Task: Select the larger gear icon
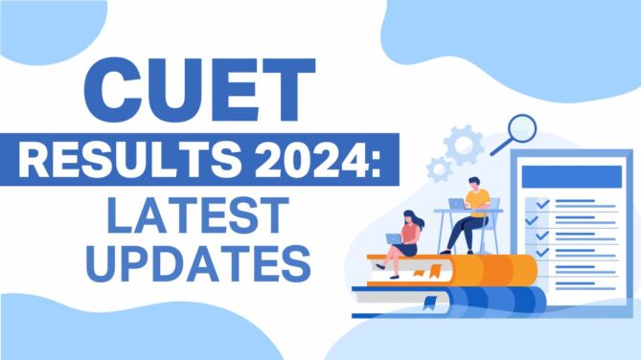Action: coord(464,146)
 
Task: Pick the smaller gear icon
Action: coord(440,170)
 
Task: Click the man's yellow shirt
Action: coord(479,200)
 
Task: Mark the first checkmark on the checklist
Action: coord(541,204)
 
